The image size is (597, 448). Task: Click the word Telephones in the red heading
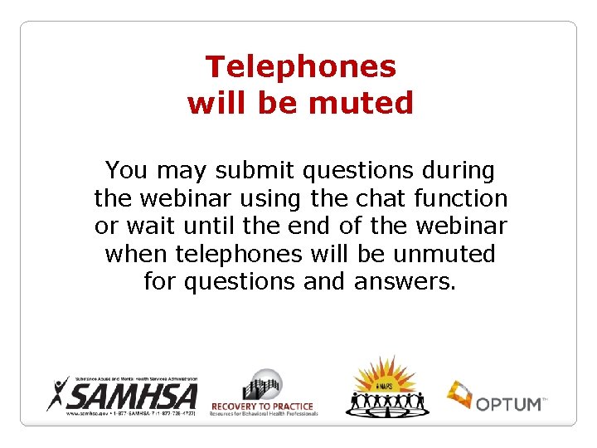coord(300,66)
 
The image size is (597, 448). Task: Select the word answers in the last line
coord(404,282)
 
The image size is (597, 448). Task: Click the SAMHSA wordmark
coord(136,394)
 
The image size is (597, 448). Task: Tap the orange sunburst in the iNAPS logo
coord(384,376)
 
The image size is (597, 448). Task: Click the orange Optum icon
coord(459,395)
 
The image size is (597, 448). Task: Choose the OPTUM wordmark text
coord(507,403)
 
